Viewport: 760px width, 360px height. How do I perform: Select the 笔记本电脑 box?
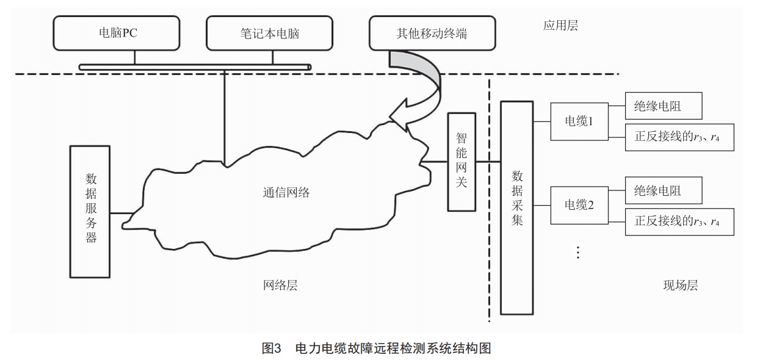(270, 33)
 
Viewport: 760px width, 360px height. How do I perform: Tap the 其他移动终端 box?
(431, 33)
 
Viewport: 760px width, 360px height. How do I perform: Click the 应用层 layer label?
(560, 26)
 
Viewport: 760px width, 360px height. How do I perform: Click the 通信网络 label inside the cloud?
(282, 192)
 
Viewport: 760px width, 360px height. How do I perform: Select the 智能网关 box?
(461, 162)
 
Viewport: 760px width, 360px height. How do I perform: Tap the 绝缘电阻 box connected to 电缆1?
(664, 107)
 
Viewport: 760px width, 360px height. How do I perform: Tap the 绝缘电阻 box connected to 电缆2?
(664, 191)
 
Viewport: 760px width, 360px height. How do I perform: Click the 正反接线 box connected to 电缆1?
(679, 137)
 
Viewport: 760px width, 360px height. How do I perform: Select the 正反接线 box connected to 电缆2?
(679, 221)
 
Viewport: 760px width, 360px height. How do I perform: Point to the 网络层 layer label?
(281, 285)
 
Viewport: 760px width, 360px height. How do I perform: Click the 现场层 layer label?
(680, 285)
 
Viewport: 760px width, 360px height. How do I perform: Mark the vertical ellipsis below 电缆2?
(577, 251)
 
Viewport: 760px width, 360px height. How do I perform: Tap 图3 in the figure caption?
(271, 348)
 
